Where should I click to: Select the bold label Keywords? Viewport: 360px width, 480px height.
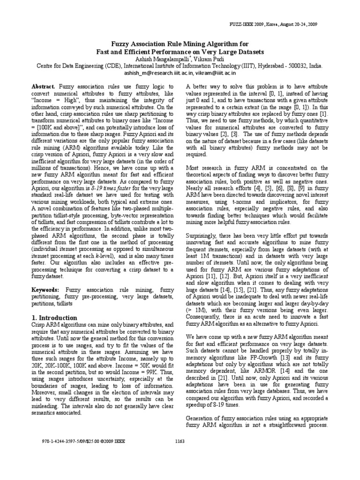click(x=45, y=291)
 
